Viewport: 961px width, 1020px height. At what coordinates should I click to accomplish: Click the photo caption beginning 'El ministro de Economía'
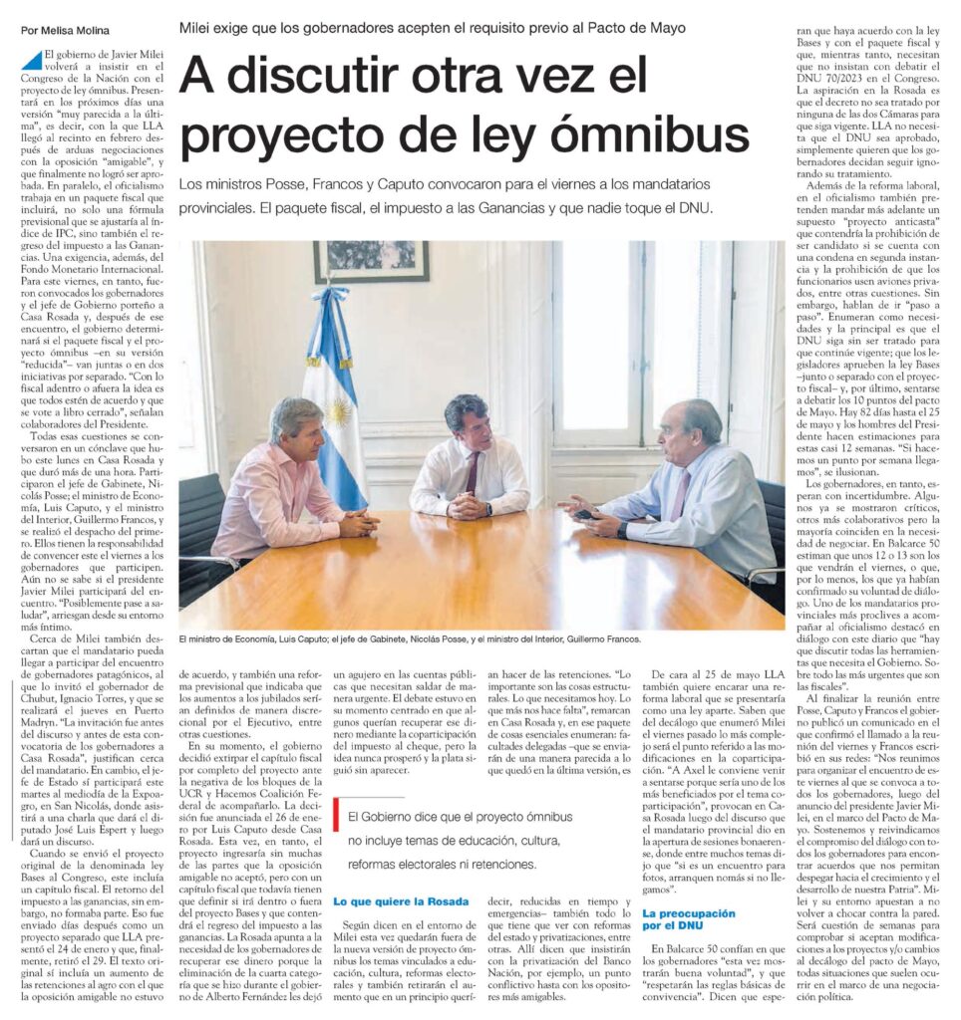click(410, 638)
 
